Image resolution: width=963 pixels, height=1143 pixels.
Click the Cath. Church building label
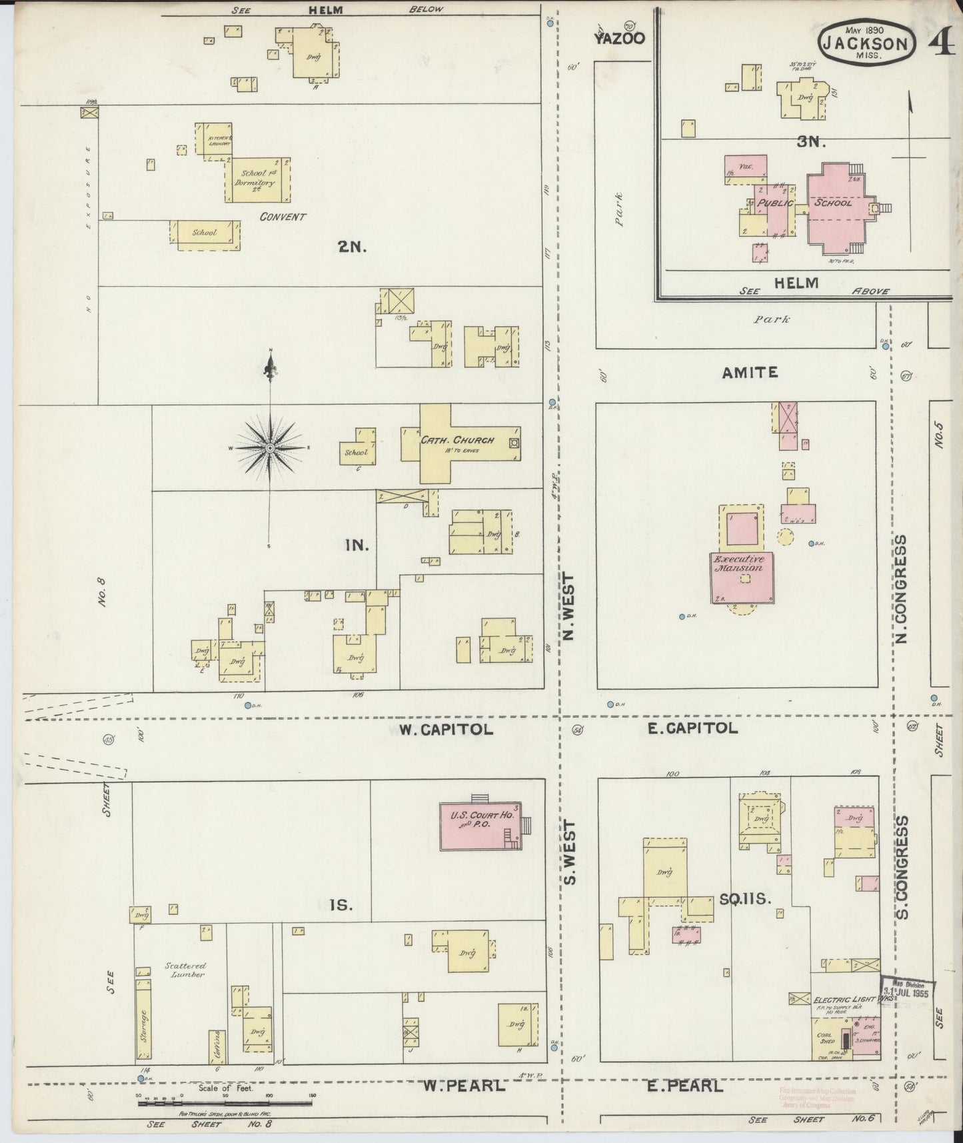click(457, 440)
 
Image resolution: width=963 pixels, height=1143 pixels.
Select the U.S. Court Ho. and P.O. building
click(480, 826)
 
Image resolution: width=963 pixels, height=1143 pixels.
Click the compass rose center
click(269, 448)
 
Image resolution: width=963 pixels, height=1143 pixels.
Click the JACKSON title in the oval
click(865, 44)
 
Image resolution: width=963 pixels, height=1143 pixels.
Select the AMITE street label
click(750, 372)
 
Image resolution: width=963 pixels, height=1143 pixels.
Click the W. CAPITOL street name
click(446, 730)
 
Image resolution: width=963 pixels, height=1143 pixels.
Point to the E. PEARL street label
click(685, 1086)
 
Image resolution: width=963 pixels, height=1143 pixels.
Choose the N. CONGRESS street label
click(902, 589)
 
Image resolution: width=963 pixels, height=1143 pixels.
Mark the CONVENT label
click(283, 217)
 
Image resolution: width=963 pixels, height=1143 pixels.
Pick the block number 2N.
click(349, 246)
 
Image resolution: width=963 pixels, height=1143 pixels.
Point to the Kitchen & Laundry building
click(213, 140)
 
